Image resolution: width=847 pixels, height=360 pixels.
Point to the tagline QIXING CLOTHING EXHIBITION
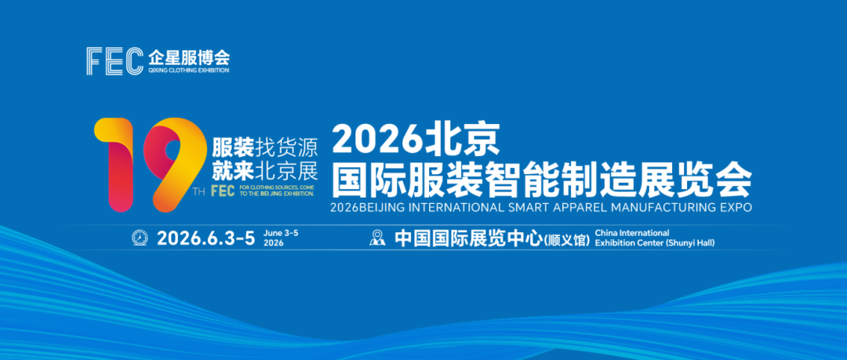pyautogui.click(x=188, y=70)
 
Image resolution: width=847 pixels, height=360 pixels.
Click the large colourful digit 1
pyautogui.click(x=115, y=165)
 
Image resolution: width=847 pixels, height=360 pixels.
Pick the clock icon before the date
pyautogui.click(x=140, y=238)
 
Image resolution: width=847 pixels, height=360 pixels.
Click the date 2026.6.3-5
pyautogui.click(x=205, y=238)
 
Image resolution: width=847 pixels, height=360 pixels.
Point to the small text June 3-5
pyautogui.click(x=282, y=233)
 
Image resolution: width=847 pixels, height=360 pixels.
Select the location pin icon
pyautogui.click(x=378, y=238)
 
